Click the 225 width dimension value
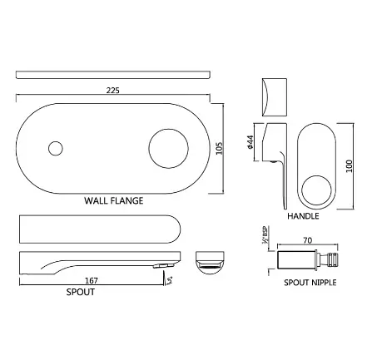pos(112,91)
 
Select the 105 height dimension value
pos(219,149)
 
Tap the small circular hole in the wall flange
pos(56,148)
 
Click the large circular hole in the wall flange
pos(169,148)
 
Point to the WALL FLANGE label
pos(114,200)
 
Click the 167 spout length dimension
pos(92,281)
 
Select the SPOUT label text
pos(81,292)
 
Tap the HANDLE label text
pos(303,216)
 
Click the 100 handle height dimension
pos(349,166)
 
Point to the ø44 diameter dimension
pos(250,142)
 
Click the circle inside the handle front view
pos(316,190)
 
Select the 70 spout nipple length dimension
pos(308,240)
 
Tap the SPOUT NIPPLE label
pos(310,283)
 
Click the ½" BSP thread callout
pos(265,235)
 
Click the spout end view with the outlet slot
pos(210,263)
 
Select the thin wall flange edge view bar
pos(113,75)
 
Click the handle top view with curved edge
pos(274,97)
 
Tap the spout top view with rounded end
pos(100,229)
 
